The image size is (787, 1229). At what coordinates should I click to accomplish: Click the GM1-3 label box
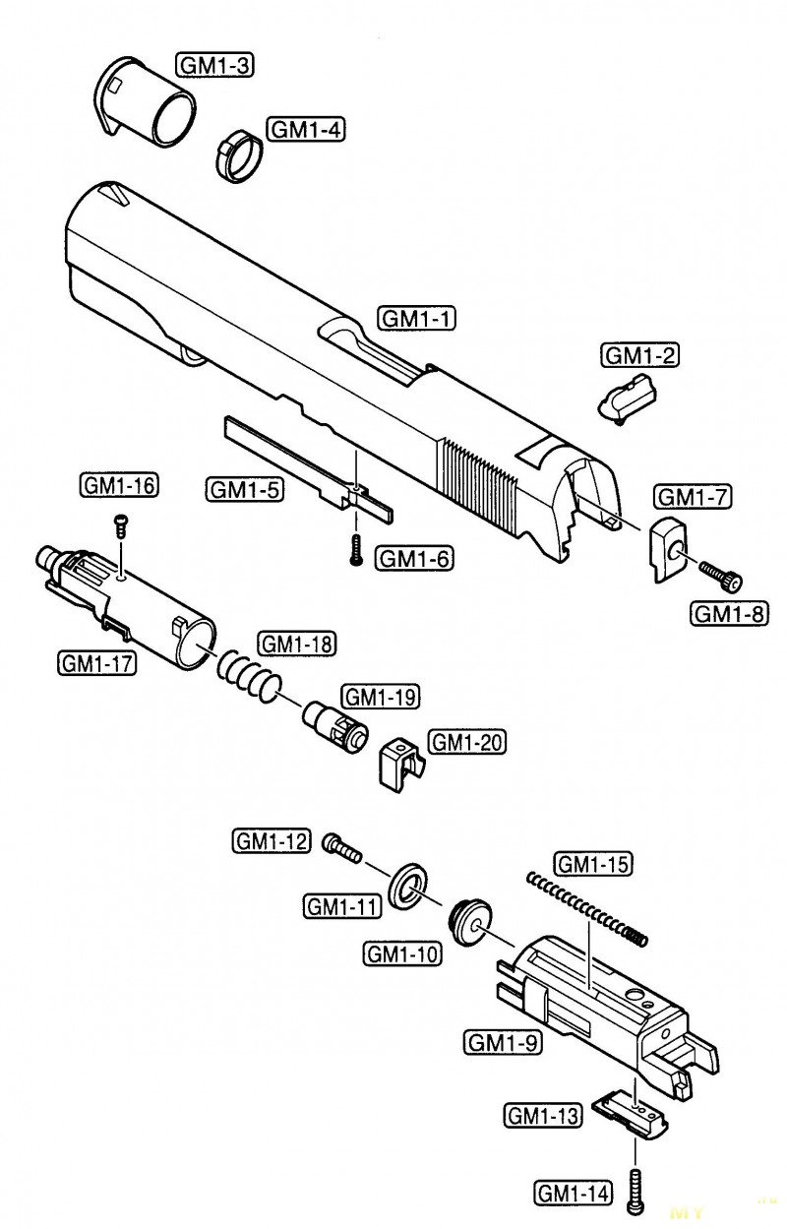(x=215, y=66)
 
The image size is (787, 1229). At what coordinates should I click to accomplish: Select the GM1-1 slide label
(x=417, y=319)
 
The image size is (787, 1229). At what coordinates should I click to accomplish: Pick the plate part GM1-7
(x=667, y=550)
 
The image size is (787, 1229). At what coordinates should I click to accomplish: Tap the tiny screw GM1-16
(x=120, y=525)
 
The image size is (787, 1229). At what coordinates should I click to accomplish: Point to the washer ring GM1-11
(x=408, y=893)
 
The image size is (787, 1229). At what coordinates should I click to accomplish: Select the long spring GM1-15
(x=587, y=908)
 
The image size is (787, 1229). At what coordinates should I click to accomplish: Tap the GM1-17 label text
(x=96, y=664)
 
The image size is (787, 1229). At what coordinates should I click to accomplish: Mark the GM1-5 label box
(x=245, y=489)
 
